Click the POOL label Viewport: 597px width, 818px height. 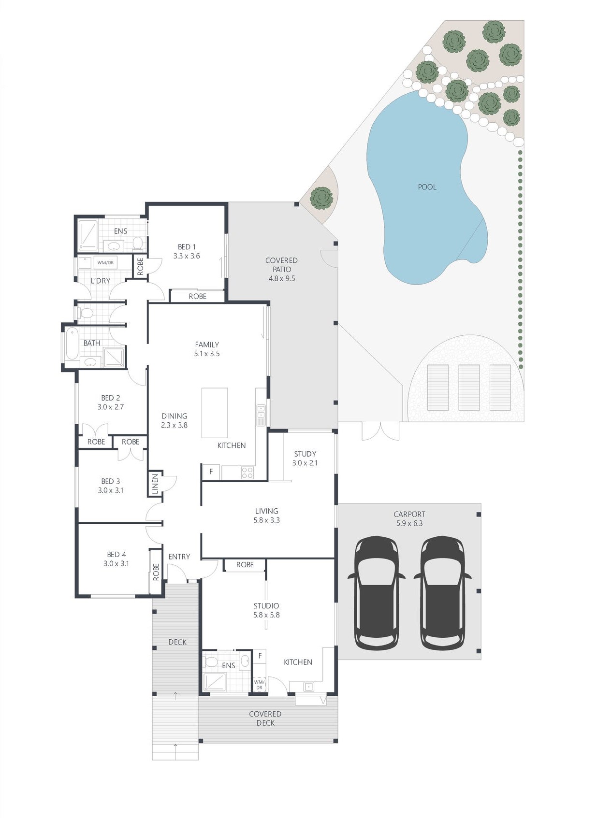tap(427, 187)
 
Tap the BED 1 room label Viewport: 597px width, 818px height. tap(186, 247)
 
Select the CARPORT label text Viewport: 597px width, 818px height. tap(409, 514)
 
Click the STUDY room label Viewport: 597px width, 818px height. tap(305, 454)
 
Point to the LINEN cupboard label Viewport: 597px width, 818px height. tap(155, 484)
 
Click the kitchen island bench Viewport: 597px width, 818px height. tap(215, 413)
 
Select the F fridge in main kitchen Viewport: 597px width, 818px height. tap(211, 472)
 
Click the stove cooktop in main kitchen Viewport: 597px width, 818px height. tap(248, 473)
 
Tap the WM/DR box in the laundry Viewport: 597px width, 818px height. tap(105, 262)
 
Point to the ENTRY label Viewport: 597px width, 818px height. tap(179, 557)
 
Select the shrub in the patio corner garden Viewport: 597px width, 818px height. tap(321, 198)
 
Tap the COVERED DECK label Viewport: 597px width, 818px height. tap(265, 718)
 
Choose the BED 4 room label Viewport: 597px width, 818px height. tap(116, 554)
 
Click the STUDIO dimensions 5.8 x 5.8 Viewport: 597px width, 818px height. tap(266, 615)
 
